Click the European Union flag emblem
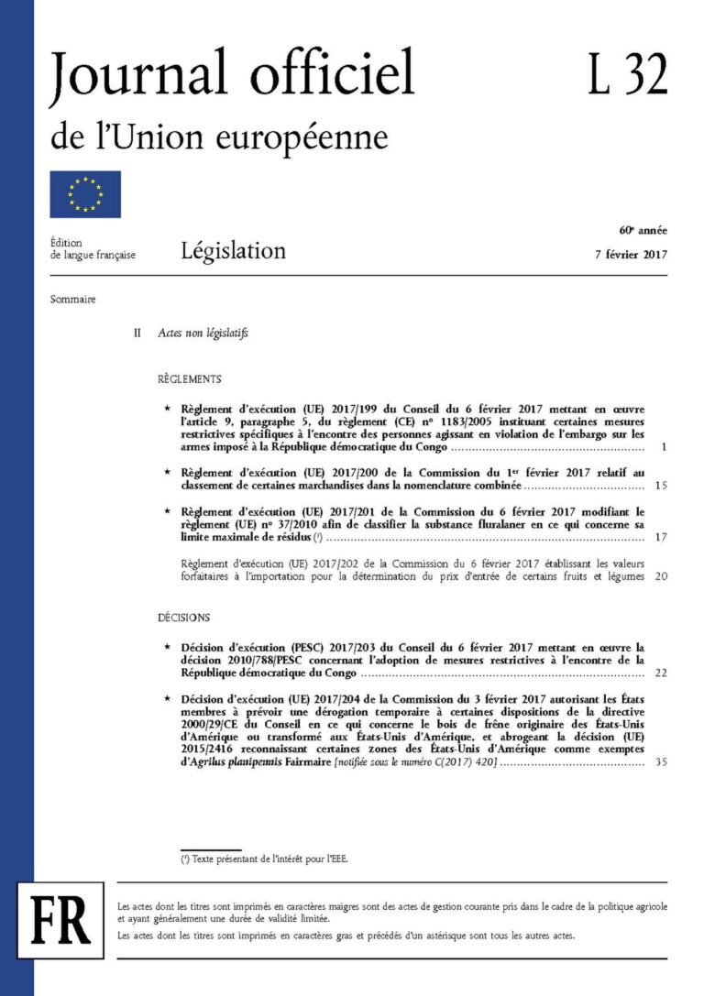84,194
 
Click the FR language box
60,919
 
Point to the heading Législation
233,250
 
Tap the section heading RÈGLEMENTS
189,378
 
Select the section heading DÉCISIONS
183,618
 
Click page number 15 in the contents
662,485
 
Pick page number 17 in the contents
662,537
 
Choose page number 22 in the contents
662,673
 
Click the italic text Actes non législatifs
203,334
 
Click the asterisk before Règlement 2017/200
166,471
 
